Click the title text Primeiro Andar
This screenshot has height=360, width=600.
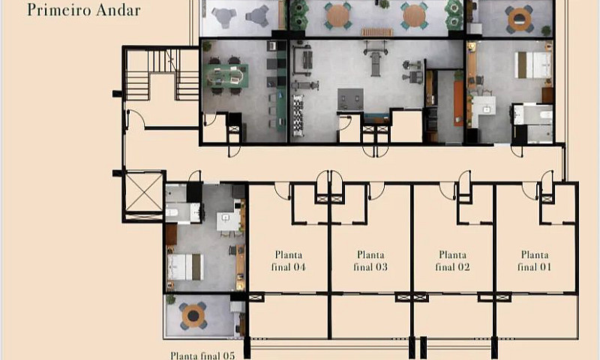[84, 10]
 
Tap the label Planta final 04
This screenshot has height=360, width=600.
[289, 261]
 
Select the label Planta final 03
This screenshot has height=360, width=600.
[370, 261]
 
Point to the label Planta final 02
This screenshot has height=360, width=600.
[452, 261]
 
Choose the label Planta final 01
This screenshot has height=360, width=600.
[535, 261]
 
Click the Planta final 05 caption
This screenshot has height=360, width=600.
[202, 355]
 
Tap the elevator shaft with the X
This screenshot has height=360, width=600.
[144, 192]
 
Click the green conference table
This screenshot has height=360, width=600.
[226, 75]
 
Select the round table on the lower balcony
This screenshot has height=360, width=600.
[193, 316]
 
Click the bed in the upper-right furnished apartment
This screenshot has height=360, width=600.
[532, 65]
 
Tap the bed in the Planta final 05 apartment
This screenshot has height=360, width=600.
[185, 267]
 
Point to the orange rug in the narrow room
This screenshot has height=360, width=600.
[458, 103]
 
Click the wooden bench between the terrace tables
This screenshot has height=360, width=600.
[377, 32]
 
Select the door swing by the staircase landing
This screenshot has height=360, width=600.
[136, 119]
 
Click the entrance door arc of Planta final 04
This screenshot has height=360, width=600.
[283, 191]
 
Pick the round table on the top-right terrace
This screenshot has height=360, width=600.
[520, 19]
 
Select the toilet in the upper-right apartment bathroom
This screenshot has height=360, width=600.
[545, 115]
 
